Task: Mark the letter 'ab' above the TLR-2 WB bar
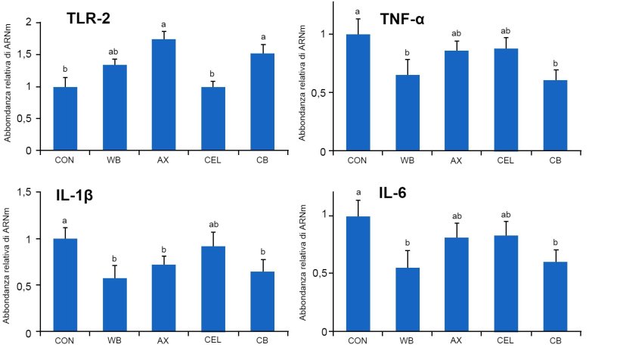pyautogui.click(x=114, y=51)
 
